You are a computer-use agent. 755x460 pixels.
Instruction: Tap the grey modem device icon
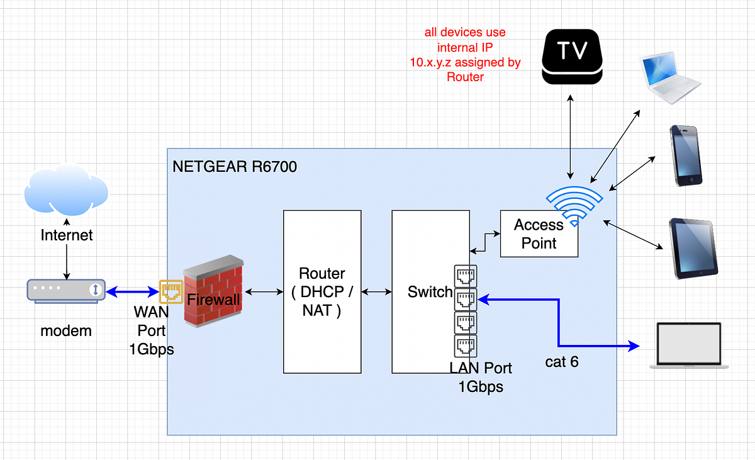65,290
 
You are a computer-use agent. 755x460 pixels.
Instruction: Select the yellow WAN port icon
171,291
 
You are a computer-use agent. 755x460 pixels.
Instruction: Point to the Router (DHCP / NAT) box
322,291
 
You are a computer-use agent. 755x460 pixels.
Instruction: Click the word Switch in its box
430,292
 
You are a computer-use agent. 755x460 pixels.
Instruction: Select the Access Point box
539,234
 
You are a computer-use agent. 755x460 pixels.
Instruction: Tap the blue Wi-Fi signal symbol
573,205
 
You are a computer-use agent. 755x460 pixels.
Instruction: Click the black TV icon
573,55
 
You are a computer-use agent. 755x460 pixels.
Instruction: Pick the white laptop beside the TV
669,77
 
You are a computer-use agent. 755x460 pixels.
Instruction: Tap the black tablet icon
693,248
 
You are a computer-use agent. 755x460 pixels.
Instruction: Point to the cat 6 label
562,362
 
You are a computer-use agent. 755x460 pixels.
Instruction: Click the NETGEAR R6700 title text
235,167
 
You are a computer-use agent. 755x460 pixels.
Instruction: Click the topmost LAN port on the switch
465,276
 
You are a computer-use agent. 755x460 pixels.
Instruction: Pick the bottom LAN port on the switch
465,345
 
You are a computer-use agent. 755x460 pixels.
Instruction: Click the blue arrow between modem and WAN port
132,291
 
